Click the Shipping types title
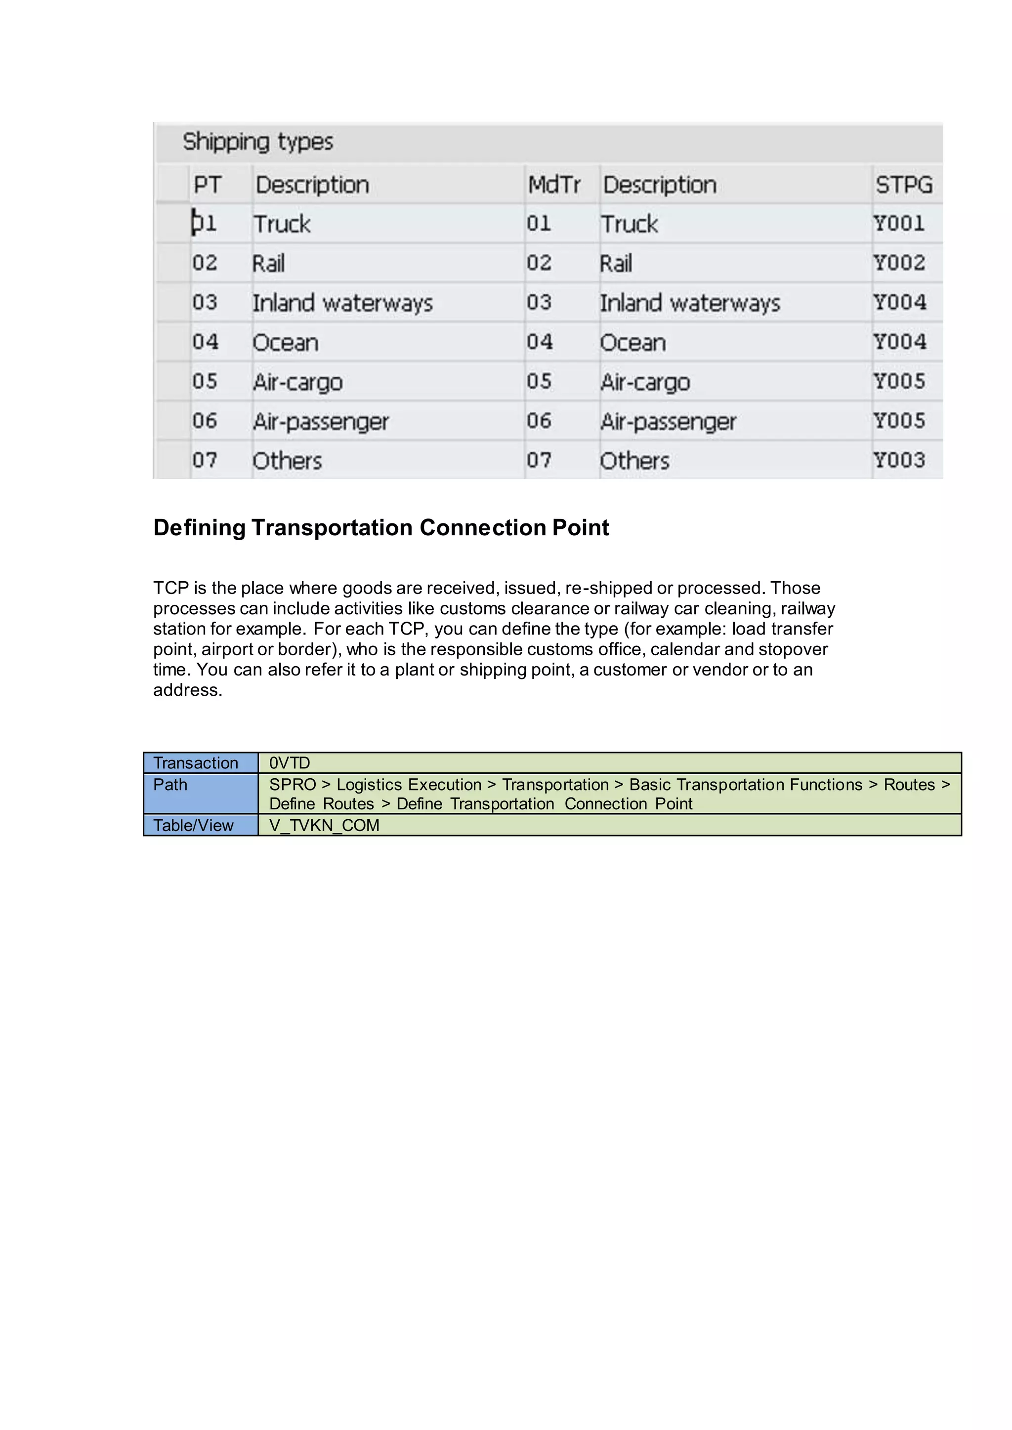[257, 142]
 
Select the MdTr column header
[553, 185]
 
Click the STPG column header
[904, 185]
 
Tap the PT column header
[207, 185]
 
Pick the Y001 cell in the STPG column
[898, 224]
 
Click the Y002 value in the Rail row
[898, 263]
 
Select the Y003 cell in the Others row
[898, 460]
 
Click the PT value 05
[205, 381]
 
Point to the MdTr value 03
[539, 303]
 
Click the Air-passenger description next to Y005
[668, 422]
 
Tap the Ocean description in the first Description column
[286, 343]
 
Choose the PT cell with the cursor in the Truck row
[205, 224]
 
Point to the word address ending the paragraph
[187, 690]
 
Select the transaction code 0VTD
[289, 763]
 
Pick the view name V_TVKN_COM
[324, 825]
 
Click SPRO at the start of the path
[292, 785]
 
